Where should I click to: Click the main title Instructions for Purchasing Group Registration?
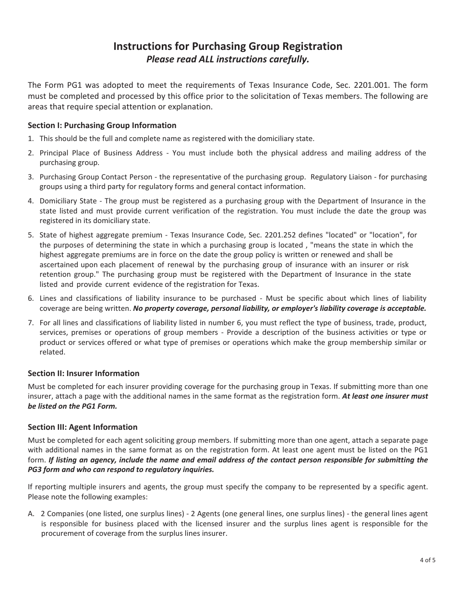click(x=228, y=47)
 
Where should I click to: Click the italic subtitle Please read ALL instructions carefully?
click(x=228, y=59)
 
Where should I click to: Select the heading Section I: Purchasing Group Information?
click(x=102, y=126)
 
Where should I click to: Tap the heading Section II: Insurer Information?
click(x=84, y=373)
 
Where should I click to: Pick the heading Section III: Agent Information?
click(x=83, y=427)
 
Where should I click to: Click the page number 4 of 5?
click(x=427, y=560)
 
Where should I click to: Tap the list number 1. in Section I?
click(x=31, y=139)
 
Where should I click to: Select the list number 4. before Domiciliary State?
click(x=31, y=201)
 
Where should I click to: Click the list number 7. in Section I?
click(x=31, y=323)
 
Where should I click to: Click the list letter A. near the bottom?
click(x=31, y=514)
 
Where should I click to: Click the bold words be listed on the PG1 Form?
click(x=72, y=406)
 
